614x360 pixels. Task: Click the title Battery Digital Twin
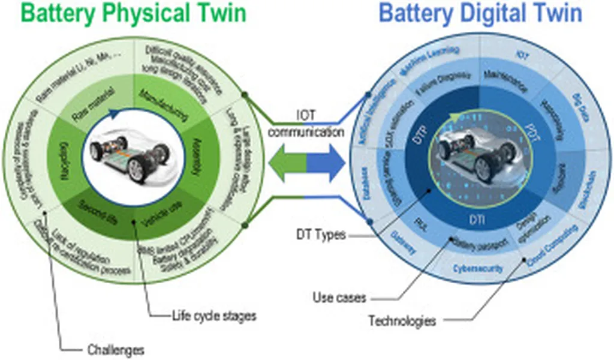click(481, 14)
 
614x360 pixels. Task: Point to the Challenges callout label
click(115, 348)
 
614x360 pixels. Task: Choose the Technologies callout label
click(402, 320)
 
